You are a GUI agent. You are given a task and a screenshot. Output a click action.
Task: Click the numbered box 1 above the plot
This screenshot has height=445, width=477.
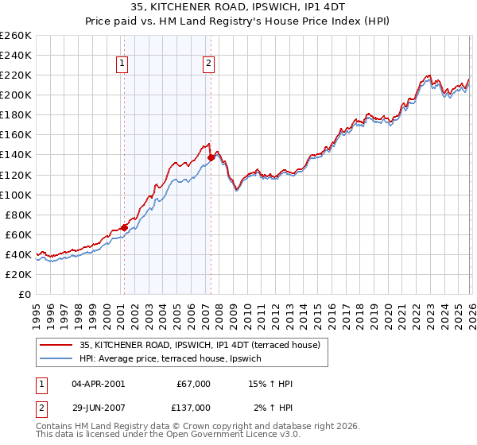(123, 64)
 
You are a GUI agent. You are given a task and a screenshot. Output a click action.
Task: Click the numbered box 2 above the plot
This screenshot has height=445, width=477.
(209, 64)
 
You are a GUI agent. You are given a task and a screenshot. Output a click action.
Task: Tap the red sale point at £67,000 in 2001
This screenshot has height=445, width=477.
(124, 227)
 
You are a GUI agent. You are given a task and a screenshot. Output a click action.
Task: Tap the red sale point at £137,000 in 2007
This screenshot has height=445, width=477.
(211, 157)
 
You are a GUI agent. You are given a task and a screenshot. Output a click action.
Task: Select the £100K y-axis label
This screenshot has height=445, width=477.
(16, 195)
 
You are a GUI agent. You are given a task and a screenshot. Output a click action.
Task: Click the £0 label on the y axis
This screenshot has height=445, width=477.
(25, 294)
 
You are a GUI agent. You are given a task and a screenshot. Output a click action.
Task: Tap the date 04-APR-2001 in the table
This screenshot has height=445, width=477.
(98, 384)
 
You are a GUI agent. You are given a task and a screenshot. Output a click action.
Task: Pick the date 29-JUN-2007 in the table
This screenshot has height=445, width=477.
(98, 407)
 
